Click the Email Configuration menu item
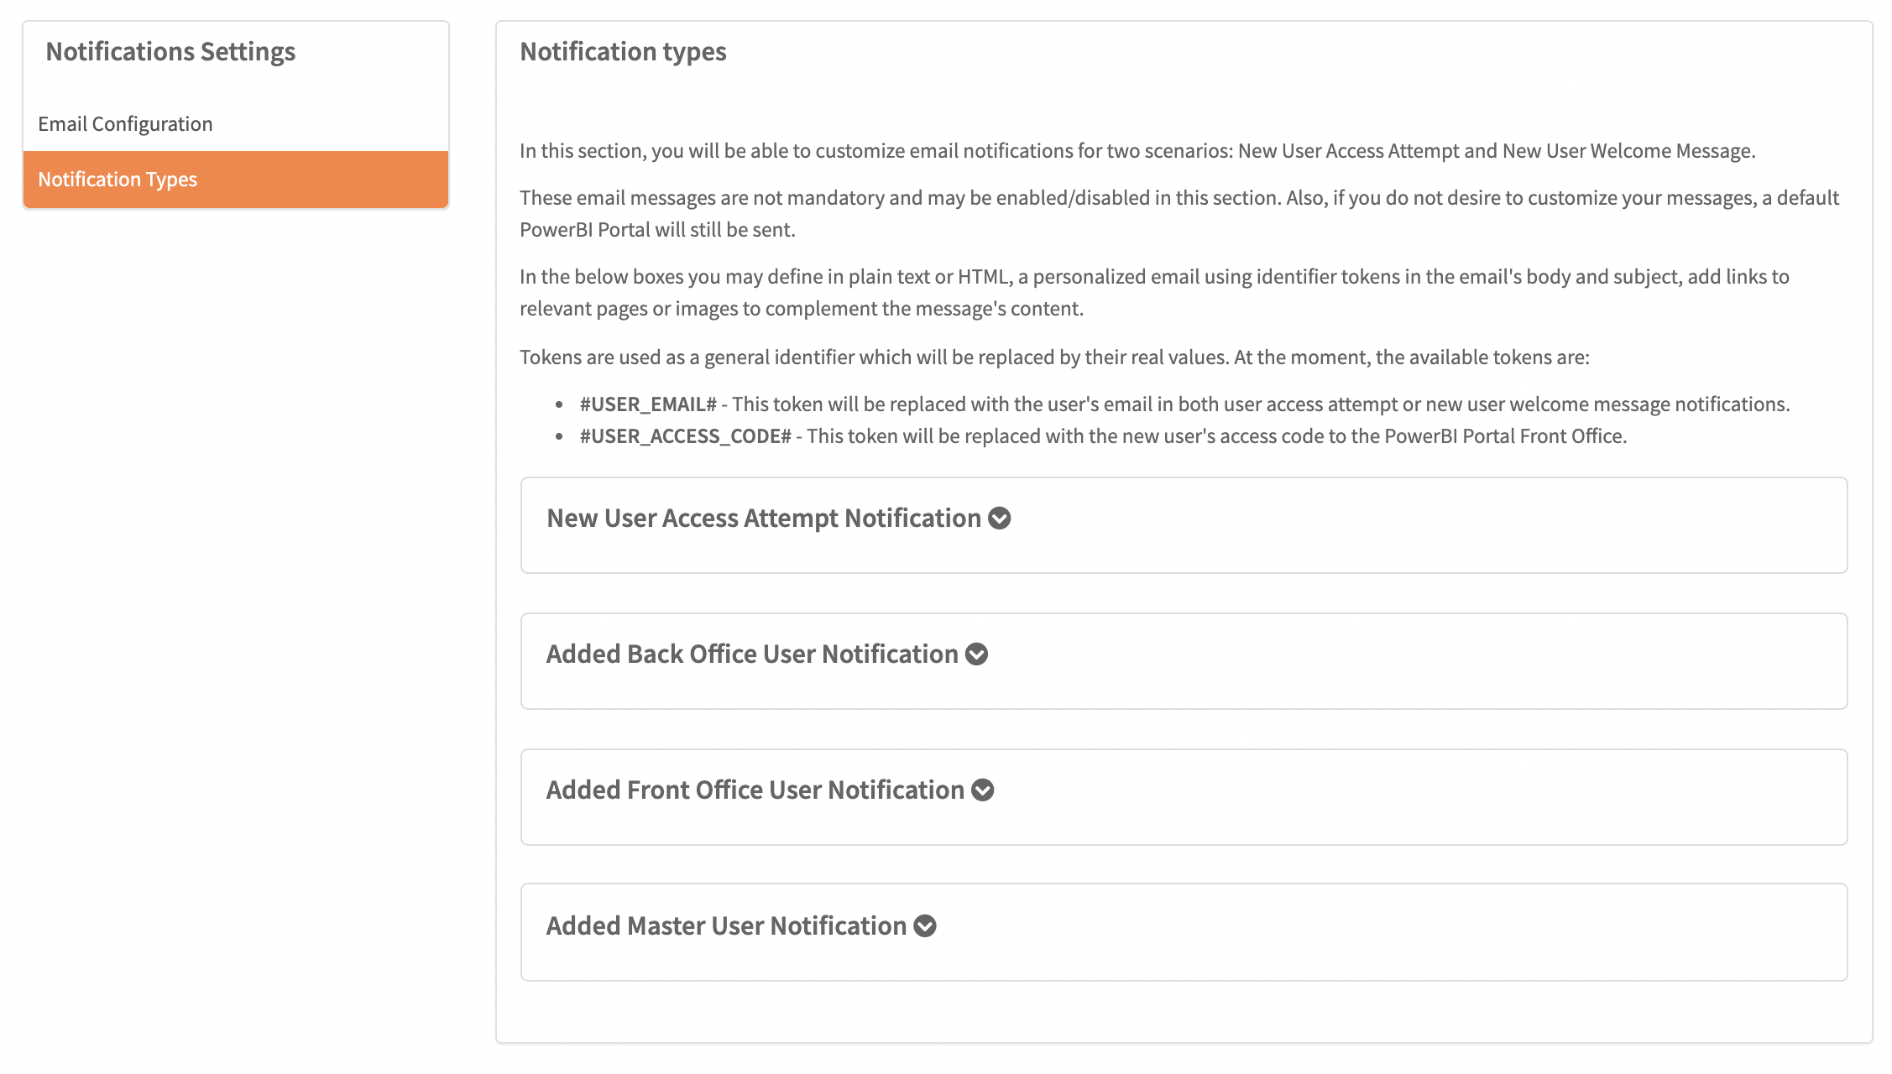(125, 124)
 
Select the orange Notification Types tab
(118, 180)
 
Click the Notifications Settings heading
(170, 52)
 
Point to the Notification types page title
(623, 52)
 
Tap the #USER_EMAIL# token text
(648, 404)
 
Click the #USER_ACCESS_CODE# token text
(685, 436)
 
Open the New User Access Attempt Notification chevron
(999, 519)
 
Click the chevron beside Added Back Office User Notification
(976, 654)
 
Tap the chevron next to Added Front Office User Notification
(982, 790)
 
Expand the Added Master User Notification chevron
(925, 926)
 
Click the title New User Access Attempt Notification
(763, 519)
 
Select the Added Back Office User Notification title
(752, 654)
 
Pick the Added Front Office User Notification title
(755, 790)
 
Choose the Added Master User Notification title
(726, 926)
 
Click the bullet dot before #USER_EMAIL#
(559, 405)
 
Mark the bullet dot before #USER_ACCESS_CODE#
(559, 437)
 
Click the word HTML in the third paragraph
(983, 277)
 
